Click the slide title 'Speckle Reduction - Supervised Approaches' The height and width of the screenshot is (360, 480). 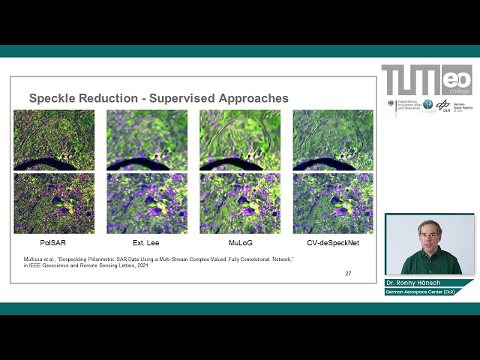point(158,98)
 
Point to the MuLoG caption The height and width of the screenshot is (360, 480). point(240,243)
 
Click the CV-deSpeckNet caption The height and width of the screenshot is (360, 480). point(333,243)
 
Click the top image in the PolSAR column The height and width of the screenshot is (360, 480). point(54,140)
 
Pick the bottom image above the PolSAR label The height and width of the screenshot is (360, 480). point(54,203)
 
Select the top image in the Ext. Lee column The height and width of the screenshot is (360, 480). point(146,140)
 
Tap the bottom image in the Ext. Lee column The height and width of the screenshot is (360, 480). point(146,203)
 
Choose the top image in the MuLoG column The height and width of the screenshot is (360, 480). point(240,140)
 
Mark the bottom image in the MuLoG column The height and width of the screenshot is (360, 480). point(240,203)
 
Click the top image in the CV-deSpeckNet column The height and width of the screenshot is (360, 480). point(333,140)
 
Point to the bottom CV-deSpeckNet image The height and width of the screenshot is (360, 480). point(333,203)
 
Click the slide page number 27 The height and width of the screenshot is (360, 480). point(348,274)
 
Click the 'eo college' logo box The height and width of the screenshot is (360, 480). point(457,79)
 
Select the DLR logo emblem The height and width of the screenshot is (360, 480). point(444,105)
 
